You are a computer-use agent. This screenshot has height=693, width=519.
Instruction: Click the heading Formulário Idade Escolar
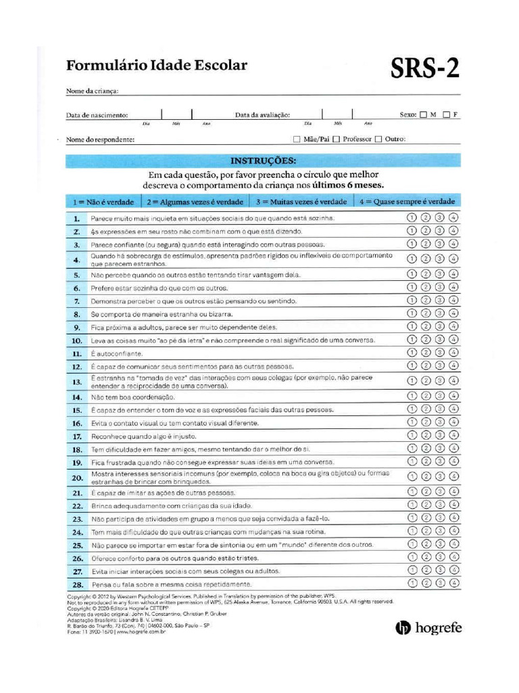point(156,66)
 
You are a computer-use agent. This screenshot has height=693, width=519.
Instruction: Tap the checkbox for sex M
point(424,114)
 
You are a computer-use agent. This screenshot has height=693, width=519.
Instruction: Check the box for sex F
point(447,114)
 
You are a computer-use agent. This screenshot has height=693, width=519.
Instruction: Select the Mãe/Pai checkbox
point(297,139)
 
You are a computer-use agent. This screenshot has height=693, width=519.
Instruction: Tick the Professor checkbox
point(336,139)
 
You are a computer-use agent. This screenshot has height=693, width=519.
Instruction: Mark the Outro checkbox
point(378,139)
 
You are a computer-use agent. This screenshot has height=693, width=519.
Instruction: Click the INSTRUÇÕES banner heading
point(263,160)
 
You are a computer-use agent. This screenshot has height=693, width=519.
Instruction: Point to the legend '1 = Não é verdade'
point(103,202)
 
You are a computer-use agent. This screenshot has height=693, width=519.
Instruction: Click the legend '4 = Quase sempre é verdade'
point(407,201)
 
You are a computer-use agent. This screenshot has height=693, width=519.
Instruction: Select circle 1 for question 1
point(412,218)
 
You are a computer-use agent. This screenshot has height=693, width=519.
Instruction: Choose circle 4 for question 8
point(453,314)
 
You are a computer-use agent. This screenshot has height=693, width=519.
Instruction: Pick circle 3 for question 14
point(440,397)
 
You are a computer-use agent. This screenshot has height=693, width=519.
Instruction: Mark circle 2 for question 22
point(426,505)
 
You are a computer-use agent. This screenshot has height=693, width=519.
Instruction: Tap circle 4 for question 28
point(453,583)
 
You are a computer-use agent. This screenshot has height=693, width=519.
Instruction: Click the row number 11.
point(77,354)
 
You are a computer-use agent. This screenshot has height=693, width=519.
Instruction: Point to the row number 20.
point(77,478)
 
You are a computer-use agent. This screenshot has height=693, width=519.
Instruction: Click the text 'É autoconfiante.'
point(118,354)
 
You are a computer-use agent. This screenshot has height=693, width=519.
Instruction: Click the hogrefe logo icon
point(402,628)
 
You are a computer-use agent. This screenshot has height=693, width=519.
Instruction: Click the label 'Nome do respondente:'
point(100,140)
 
